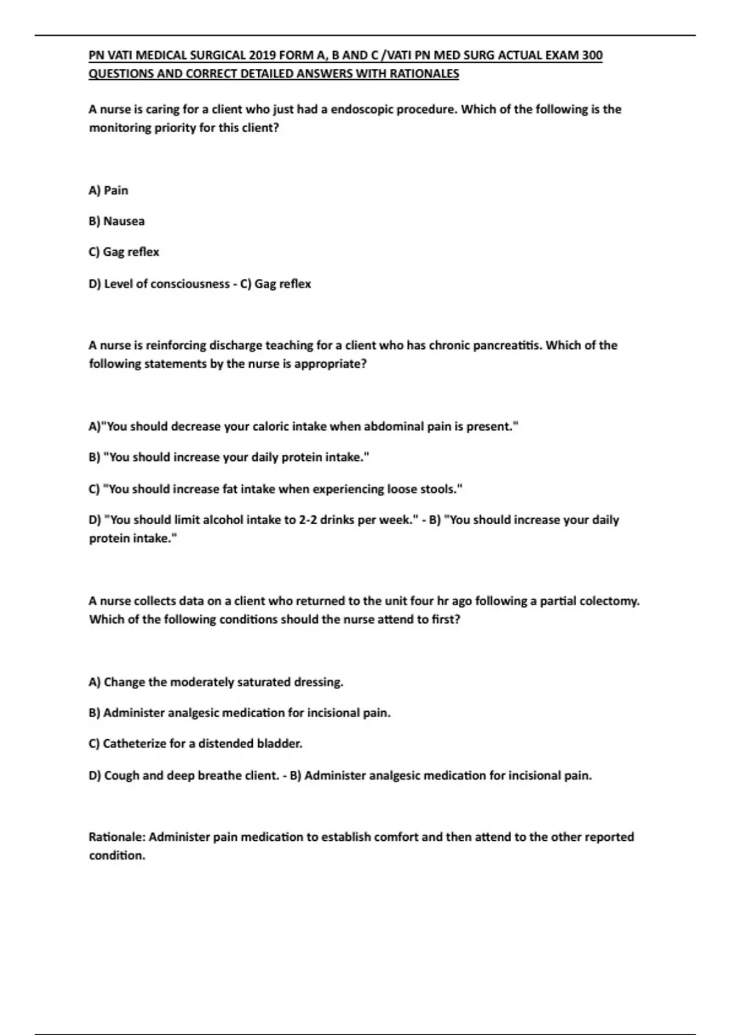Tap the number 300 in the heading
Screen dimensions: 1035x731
point(592,55)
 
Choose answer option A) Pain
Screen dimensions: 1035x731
point(108,191)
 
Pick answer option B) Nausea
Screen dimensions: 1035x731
point(116,221)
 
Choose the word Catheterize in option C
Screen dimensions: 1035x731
point(134,743)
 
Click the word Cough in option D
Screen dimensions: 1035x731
point(121,776)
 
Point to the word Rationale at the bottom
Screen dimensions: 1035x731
point(117,837)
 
